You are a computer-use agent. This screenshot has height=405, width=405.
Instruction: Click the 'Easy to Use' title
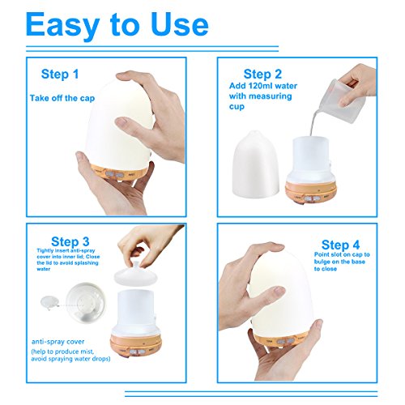coord(117,26)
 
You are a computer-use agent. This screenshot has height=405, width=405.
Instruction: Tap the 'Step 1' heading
coord(60,74)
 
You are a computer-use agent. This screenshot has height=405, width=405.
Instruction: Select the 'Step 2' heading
coord(262,74)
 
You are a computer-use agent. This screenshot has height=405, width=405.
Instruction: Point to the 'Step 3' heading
coord(70,241)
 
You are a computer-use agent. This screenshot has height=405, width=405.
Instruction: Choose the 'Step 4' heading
coord(340,245)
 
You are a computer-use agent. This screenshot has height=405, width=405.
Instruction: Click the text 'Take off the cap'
coord(62,98)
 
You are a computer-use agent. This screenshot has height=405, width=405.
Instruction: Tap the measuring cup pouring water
coord(342,101)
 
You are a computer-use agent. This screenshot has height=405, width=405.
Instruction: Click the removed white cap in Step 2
coord(255,164)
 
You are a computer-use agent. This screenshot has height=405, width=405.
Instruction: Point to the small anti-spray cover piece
coord(49,302)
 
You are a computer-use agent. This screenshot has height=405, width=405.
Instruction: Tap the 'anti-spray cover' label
coord(58,342)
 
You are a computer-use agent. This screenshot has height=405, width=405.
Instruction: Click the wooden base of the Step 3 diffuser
coord(136,346)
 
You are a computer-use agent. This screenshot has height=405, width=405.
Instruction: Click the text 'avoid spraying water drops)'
coord(70,359)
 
